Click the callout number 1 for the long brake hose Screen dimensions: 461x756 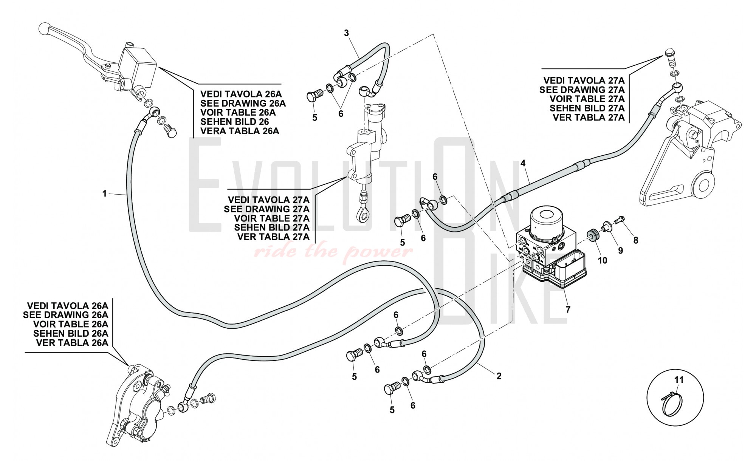(105, 194)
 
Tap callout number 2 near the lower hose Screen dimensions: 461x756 (499, 376)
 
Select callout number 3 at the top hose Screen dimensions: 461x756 (347, 33)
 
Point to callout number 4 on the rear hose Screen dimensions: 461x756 (523, 163)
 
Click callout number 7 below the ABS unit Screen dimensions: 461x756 (568, 310)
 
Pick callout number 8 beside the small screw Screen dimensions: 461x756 (636, 240)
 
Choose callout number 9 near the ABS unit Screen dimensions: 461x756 (620, 250)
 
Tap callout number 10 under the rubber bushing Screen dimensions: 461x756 (603, 260)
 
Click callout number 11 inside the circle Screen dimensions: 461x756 (679, 380)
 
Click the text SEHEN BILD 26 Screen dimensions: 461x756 (234, 122)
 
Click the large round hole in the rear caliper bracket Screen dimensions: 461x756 (704, 186)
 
